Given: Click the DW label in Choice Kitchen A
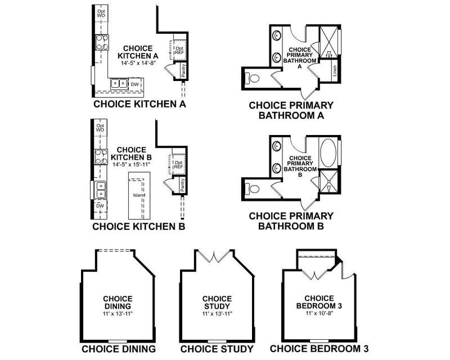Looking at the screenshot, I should pos(134,84).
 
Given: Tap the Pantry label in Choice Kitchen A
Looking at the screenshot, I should pos(184,70).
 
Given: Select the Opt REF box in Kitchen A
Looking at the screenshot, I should pos(179,49).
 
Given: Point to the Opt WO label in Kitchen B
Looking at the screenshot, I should pos(100,128).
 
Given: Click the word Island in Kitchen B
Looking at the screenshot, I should pos(139,195).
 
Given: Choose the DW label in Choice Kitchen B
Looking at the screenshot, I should pos(100,206).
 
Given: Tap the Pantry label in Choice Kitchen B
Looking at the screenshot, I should pos(182,183).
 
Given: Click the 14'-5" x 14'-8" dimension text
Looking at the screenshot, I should pos(138,64).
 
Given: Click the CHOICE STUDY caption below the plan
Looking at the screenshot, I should pos(217,349).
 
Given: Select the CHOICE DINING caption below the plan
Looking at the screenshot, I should pos(118,349).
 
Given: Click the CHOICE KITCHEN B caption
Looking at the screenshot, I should pos(138,227).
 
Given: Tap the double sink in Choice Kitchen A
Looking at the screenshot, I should pos(119,83).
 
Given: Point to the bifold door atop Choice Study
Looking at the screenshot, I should pos(217,258).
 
